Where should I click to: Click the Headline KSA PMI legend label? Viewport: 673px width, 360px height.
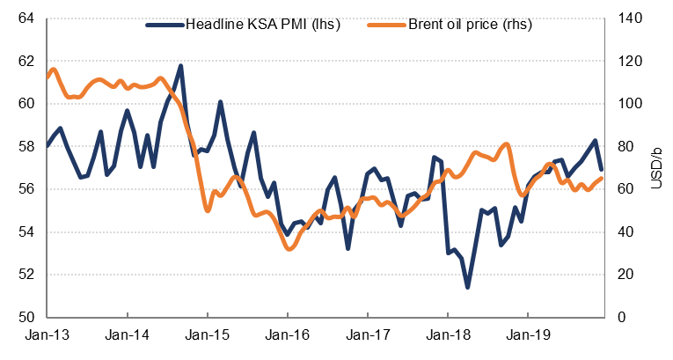pos(261,24)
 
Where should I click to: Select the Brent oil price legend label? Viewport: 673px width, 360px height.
pos(470,24)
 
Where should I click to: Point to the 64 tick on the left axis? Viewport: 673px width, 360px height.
pos(26,18)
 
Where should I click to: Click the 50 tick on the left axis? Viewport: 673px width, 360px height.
pos(26,318)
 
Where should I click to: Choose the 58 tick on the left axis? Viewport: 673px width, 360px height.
pos(26,147)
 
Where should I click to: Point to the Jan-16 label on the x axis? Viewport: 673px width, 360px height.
pos(287,335)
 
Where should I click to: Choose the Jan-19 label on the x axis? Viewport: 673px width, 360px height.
pos(527,335)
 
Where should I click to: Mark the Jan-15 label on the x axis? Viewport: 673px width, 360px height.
pos(207,335)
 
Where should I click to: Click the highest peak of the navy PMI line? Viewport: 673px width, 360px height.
pos(180,65)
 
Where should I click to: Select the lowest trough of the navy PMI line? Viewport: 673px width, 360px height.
pos(468,287)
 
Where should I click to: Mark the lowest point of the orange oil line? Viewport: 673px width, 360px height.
pos(289,249)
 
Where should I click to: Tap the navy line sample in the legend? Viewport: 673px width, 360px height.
pos(165,24)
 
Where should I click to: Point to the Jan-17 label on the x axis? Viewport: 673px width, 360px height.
pos(367,335)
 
